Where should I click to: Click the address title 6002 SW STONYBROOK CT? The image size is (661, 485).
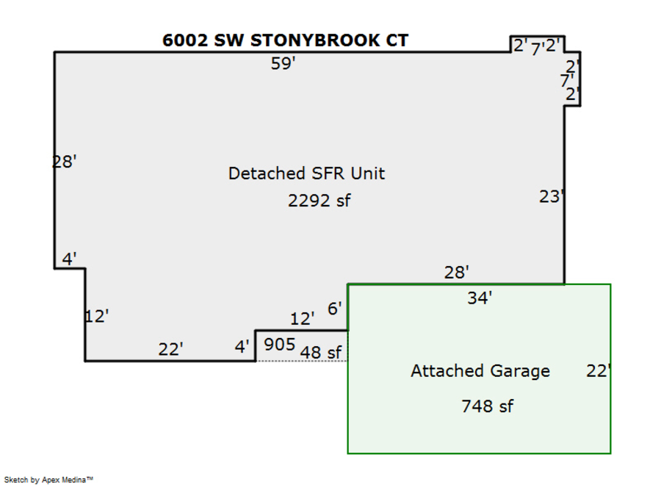click(286, 40)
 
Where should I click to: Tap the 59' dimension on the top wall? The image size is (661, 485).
click(283, 64)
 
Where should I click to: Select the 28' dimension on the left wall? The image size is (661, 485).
click(64, 162)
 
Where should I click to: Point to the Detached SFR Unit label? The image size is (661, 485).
click(306, 174)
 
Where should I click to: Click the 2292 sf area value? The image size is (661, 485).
click(319, 201)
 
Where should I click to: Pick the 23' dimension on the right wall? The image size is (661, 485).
click(552, 196)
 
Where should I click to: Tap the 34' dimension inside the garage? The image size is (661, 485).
click(480, 298)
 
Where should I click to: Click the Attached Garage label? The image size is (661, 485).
click(480, 371)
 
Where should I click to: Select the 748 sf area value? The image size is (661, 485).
click(487, 406)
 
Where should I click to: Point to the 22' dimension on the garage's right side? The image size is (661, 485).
click(599, 371)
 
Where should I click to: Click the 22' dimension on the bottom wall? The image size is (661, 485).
click(170, 349)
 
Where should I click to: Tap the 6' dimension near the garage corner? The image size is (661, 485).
click(335, 309)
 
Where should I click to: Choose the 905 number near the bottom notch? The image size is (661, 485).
click(279, 345)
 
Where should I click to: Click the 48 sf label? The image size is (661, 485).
click(321, 353)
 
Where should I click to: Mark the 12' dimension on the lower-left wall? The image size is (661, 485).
click(97, 317)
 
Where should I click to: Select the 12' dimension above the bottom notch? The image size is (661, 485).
click(303, 319)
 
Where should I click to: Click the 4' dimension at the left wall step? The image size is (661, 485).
click(70, 259)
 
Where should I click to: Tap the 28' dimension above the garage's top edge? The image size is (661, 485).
click(456, 273)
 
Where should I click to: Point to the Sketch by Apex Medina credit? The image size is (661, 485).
click(49, 479)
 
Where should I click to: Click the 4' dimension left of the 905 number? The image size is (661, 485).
click(242, 346)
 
